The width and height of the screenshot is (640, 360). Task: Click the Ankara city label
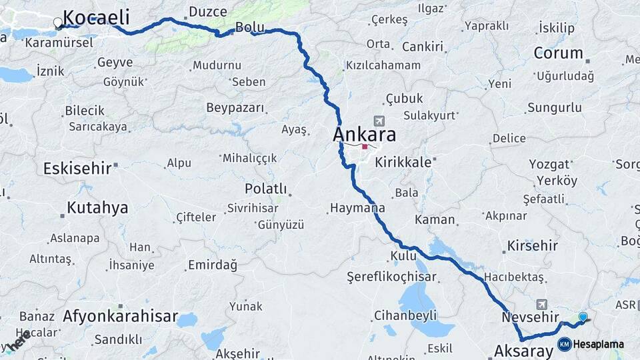pos(364,135)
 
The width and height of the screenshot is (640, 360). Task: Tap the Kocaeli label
pos(96,17)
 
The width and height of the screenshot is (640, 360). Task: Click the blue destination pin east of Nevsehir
pos(583,317)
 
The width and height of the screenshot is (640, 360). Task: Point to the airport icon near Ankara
pos(380,121)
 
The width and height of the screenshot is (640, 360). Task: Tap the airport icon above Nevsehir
pos(541,304)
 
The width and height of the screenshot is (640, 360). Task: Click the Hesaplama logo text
pos(599,345)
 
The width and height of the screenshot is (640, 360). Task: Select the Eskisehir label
pos(77,168)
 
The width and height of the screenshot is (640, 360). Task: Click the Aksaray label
pos(523,349)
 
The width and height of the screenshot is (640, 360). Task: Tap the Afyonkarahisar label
pos(120,316)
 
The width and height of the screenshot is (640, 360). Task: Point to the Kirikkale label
pos(403,162)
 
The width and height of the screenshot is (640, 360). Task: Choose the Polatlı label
pos(265,189)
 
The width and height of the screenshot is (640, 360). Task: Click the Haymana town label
pos(358,209)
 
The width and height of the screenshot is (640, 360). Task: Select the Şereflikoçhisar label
pos(391,277)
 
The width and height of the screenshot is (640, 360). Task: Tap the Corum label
pos(558,53)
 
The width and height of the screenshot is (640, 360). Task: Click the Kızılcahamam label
pos(383,65)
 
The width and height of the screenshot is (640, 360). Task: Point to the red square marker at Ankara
pos(365,146)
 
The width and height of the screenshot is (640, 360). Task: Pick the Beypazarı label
pos(235,108)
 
